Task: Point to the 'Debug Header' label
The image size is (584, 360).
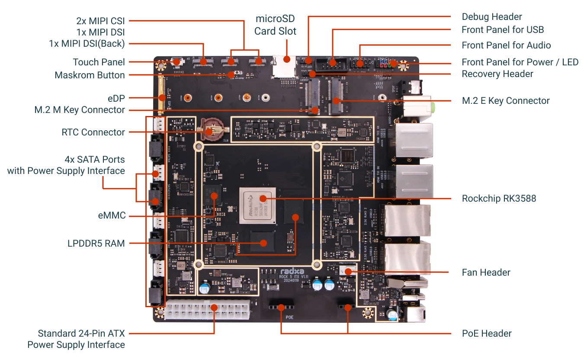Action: pos(492,17)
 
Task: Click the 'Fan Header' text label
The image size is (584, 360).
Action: pos(486,273)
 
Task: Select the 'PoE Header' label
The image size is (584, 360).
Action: pos(487,334)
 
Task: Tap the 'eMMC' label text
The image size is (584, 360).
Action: pos(112,215)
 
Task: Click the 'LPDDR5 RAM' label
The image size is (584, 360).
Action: pos(96,244)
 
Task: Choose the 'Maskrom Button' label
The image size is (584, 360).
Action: pos(90,75)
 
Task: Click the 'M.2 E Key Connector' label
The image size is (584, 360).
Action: pos(506,101)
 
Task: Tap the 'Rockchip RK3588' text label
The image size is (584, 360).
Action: pos(499,199)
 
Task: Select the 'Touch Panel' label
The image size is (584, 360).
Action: pos(99,62)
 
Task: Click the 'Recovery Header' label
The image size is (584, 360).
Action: pos(497,74)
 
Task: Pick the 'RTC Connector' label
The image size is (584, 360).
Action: pos(93,132)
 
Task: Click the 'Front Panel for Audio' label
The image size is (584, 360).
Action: pos(506,45)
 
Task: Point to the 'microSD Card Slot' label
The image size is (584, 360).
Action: pos(275,25)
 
